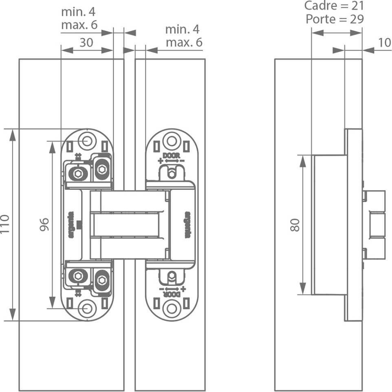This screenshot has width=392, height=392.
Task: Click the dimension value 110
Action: pos(5,224)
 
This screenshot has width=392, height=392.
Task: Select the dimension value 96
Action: pos(44,225)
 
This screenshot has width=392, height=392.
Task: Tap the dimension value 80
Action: pos(295,225)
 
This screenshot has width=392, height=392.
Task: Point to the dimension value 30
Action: pos(86,42)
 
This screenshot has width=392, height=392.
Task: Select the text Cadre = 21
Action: pos(334,6)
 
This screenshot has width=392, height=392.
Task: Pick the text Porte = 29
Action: pos(335,19)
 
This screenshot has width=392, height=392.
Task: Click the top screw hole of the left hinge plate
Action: pos(87,141)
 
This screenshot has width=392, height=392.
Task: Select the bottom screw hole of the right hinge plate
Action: pos(171,308)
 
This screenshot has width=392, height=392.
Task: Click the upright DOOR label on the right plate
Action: pos(171,155)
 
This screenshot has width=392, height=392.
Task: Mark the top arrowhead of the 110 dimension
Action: pos(13,135)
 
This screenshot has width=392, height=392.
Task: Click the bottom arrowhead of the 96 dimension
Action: pos(53,302)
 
